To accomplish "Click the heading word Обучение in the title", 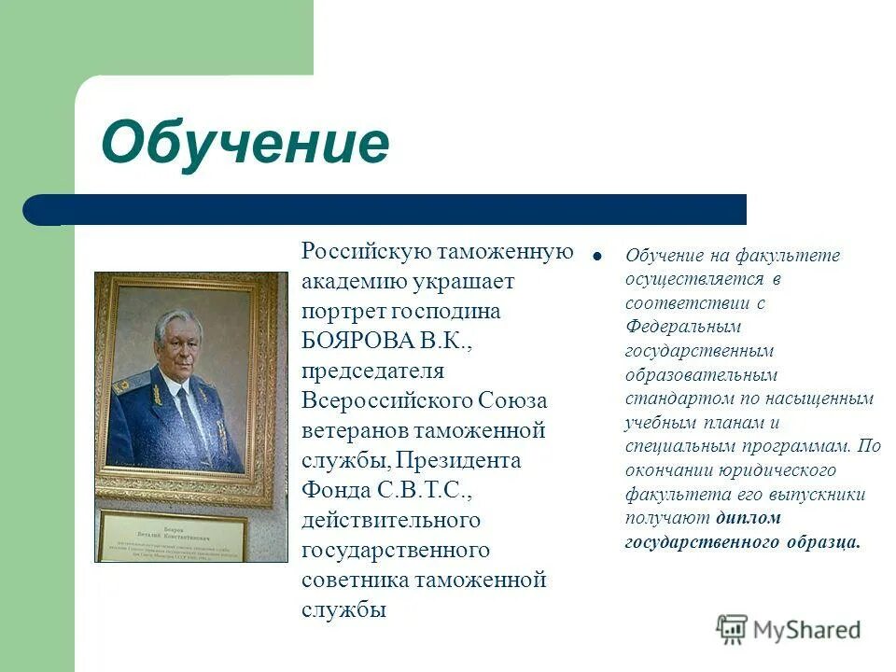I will [x=245, y=143].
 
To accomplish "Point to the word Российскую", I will [x=365, y=252].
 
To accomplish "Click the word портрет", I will [x=340, y=312].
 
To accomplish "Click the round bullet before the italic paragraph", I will [x=597, y=255].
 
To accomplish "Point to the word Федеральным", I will [x=682, y=327].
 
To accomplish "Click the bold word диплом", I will [x=749, y=518].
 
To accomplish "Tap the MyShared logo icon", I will [x=732, y=629].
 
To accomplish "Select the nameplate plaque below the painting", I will [x=173, y=536].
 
